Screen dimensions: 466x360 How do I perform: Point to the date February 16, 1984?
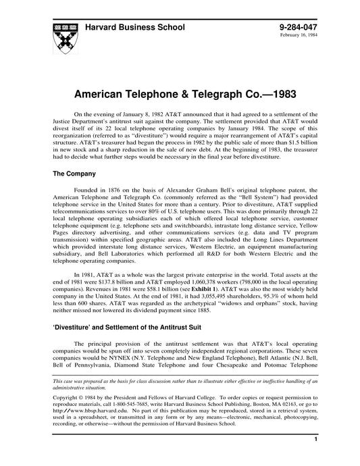click(298, 36)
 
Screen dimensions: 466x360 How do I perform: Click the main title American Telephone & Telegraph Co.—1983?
click(180, 90)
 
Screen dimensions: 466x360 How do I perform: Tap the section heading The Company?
click(76, 174)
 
